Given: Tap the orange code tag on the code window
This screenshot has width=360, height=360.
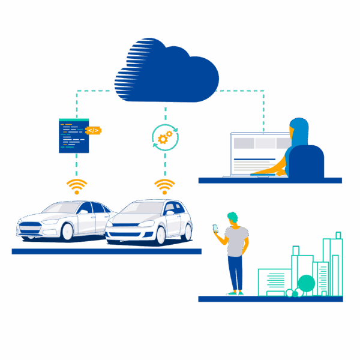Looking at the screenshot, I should [93, 130].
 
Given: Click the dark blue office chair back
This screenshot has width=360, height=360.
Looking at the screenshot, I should [306, 162].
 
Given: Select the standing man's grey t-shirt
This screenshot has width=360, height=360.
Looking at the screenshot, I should [238, 240].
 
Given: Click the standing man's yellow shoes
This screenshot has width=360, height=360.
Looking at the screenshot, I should [235, 293].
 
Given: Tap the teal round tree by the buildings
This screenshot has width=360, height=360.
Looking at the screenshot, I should [306, 283].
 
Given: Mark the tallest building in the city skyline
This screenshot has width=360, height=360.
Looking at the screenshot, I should [332, 264].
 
